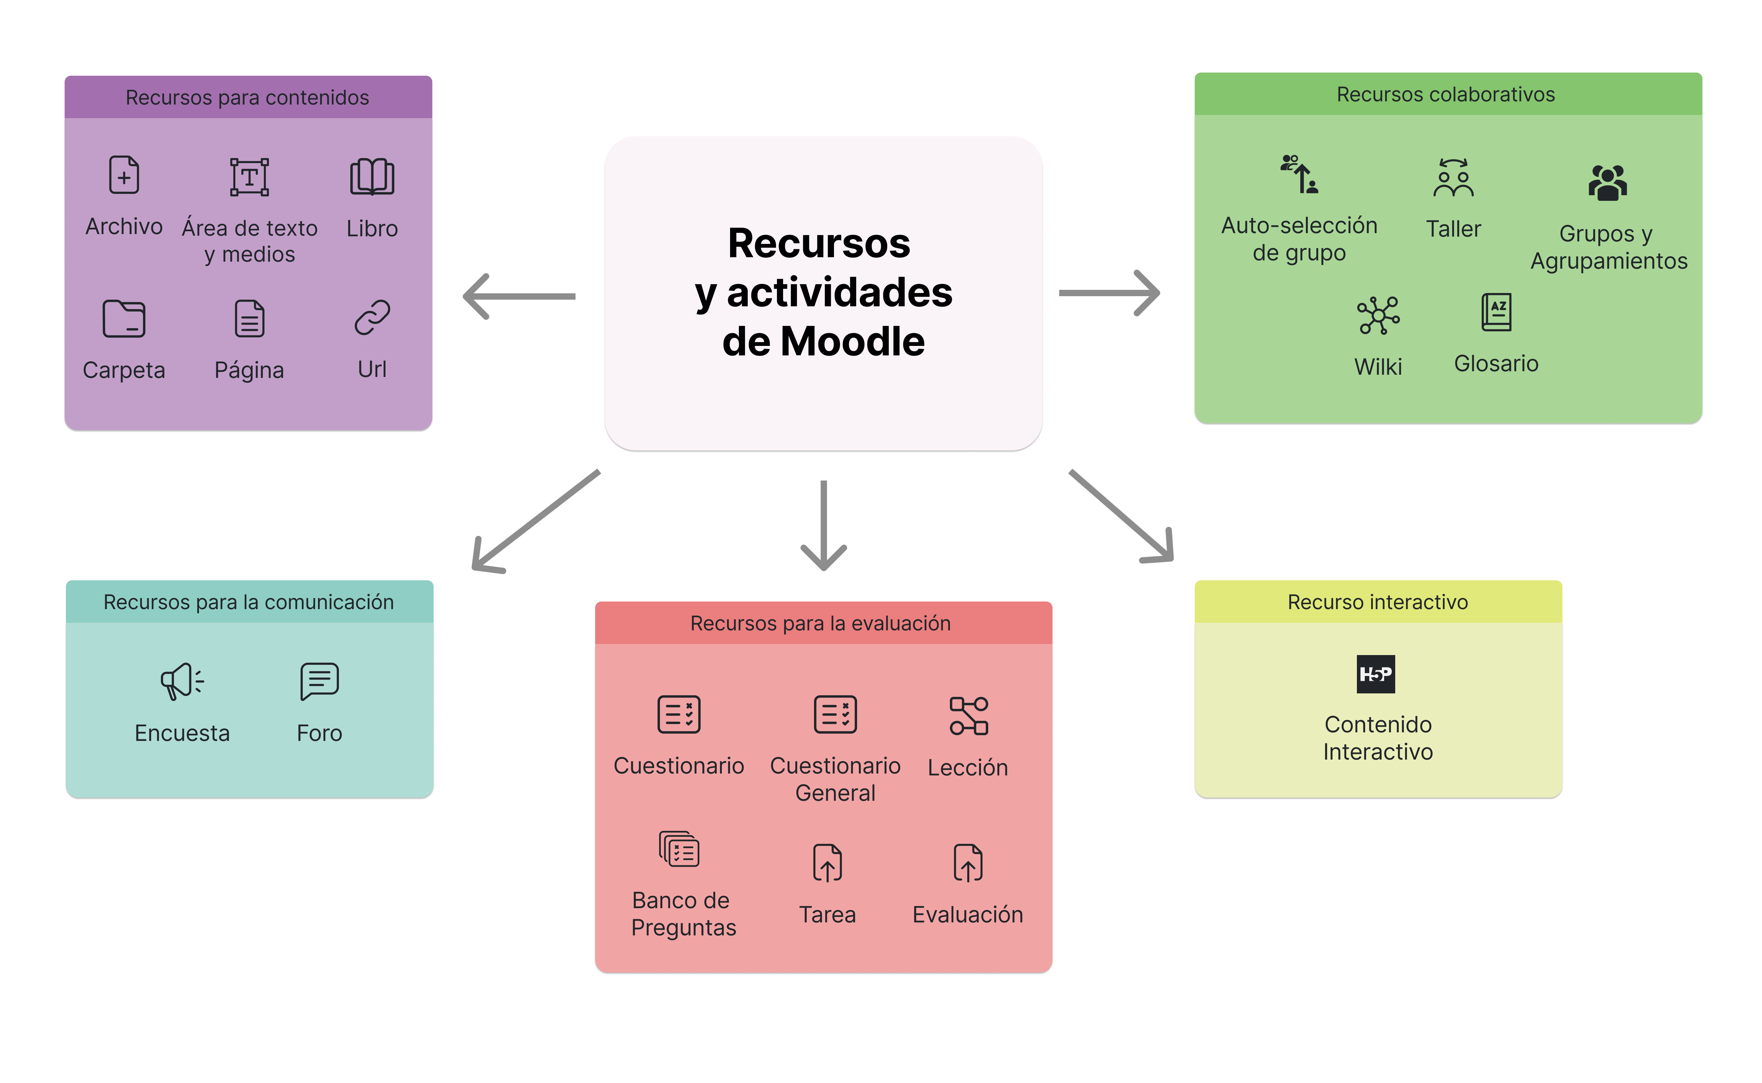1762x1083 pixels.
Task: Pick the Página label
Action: pos(249,370)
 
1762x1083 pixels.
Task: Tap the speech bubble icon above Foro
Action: pos(320,680)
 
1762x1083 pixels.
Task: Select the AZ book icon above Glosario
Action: pos(1496,312)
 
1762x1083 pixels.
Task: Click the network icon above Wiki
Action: pos(1378,315)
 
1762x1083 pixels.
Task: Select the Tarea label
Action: pos(827,915)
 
